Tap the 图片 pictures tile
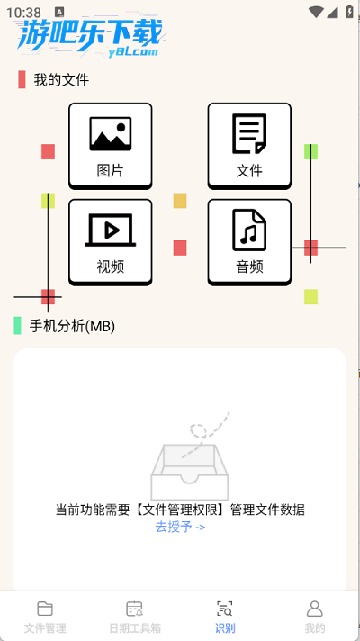point(111,146)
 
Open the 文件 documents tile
point(249,146)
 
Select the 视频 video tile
point(111,242)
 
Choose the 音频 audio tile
point(249,242)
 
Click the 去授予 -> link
point(180,527)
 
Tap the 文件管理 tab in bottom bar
point(45,617)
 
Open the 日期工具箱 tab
point(135,617)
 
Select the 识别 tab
point(225,617)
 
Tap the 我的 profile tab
point(315,617)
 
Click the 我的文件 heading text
point(61,80)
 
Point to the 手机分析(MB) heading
point(72,326)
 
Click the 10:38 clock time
point(23,13)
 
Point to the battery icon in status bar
point(350,12)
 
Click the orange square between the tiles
point(180,201)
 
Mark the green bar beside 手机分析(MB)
point(17,325)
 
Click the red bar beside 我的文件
point(22,79)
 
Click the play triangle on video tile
point(111,231)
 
